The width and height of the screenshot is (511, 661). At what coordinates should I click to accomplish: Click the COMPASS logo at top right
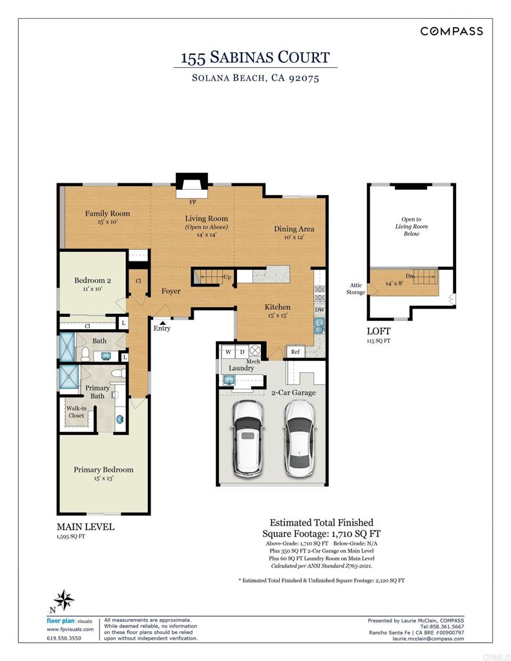point(451,31)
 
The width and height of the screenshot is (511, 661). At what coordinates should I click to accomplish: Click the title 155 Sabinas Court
point(255,58)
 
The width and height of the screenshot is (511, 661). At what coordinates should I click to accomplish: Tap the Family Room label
point(107,214)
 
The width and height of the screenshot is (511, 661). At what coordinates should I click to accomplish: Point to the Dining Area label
point(294,229)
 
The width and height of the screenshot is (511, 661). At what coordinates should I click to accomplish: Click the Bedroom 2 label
point(92,281)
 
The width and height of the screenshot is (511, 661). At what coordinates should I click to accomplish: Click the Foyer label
point(171,291)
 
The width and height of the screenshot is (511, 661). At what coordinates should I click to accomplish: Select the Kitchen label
point(277,307)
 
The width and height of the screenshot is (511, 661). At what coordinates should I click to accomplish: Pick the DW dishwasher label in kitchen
point(319,310)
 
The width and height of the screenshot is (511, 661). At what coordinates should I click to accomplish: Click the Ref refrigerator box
point(295,352)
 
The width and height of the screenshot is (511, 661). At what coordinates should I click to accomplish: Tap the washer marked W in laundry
point(228,352)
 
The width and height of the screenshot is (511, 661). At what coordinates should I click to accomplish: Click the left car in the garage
point(247,437)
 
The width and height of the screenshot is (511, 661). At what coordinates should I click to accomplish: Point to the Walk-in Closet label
point(76,412)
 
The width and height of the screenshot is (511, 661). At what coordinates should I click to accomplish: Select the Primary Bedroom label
point(103,470)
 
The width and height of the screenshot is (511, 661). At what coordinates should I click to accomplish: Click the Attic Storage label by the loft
point(355,288)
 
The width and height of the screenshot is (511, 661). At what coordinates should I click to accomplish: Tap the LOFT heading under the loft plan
point(378,331)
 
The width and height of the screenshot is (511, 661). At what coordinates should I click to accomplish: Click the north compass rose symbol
point(64,600)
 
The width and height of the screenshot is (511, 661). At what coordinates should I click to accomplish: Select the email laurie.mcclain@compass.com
point(428,638)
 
